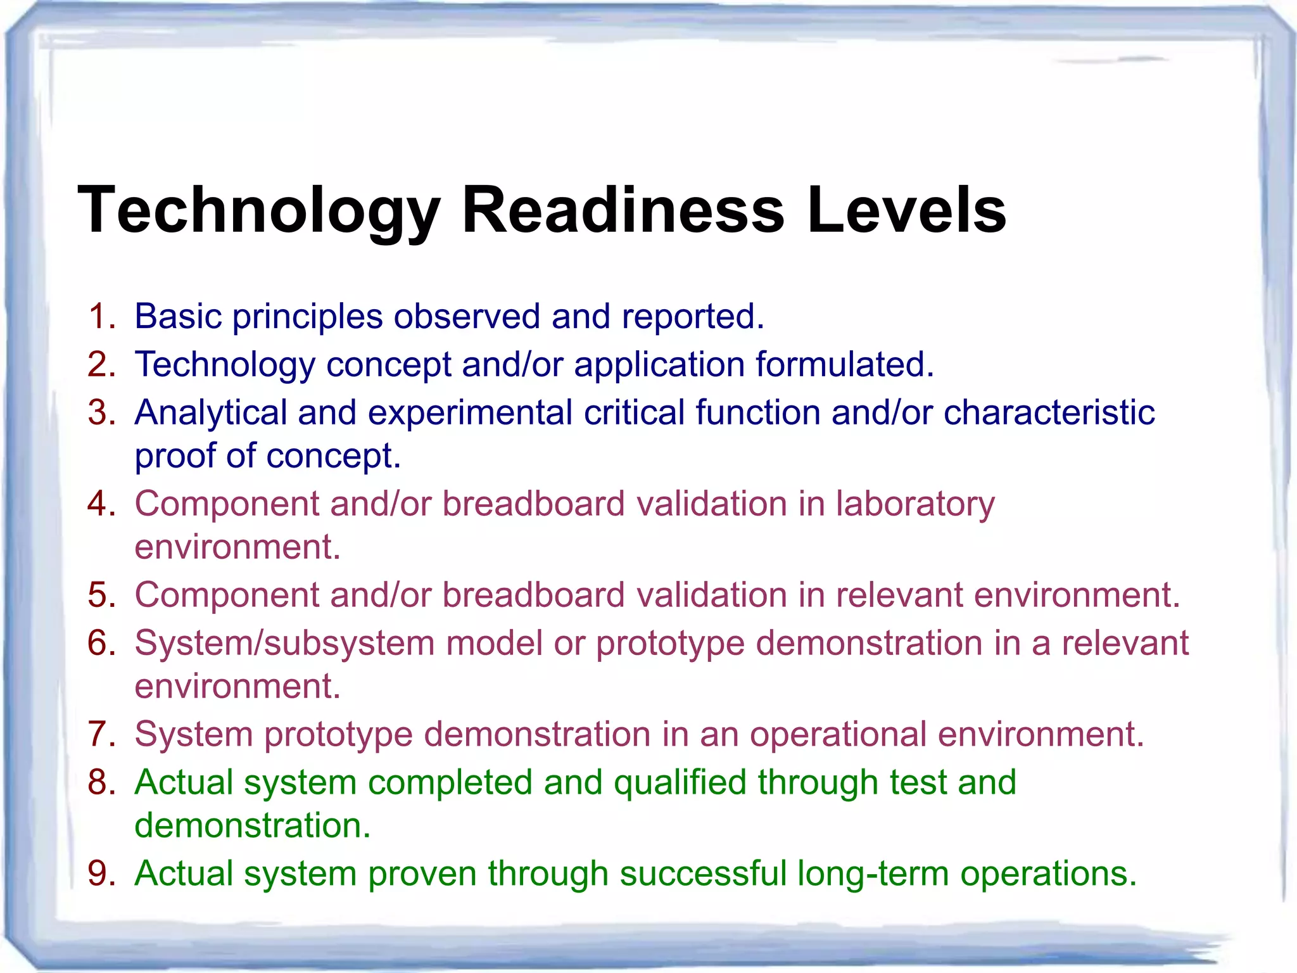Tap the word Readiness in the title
tap(623, 210)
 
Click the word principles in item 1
tap(307, 317)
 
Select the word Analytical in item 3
tap(211, 413)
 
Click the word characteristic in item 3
tap(1049, 412)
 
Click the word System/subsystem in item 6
tap(284, 644)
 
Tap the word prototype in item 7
tap(338, 735)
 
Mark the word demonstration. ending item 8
tap(252, 825)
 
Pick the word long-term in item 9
tap(873, 874)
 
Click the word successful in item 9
tap(702, 874)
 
